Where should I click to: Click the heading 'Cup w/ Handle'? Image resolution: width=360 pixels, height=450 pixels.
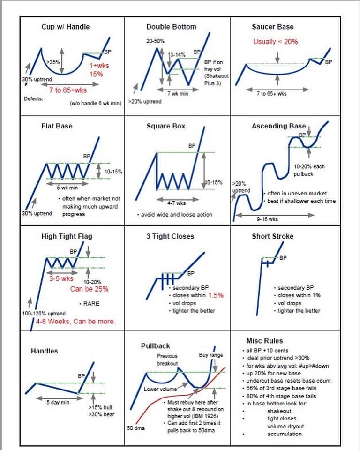[66, 27]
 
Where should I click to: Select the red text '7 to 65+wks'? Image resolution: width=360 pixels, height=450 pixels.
[68, 90]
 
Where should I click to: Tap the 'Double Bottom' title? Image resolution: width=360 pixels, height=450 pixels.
[171, 27]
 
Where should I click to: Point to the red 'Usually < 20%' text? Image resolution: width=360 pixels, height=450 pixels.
[276, 41]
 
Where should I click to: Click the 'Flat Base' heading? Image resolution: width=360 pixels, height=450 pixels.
[57, 126]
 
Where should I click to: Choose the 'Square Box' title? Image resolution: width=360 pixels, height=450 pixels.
[166, 126]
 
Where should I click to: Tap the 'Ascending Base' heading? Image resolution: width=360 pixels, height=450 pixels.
[278, 126]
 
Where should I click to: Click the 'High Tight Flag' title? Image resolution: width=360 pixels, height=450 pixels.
[67, 236]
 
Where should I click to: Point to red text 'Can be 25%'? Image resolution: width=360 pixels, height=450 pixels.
[89, 289]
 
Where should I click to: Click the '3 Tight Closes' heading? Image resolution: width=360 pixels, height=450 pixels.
[171, 236]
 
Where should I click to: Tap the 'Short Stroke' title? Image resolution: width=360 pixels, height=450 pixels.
[273, 236]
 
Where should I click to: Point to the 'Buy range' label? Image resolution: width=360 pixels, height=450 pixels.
[211, 355]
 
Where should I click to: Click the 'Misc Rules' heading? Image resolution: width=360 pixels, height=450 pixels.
[264, 341]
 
